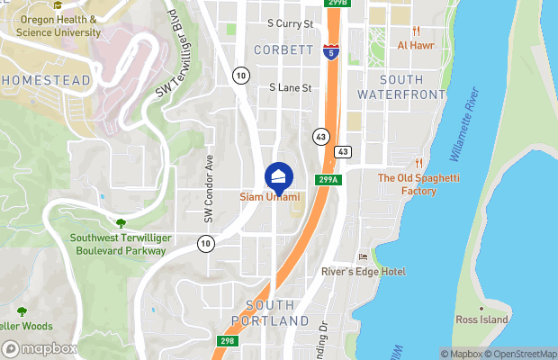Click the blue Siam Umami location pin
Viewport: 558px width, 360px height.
pyautogui.click(x=279, y=177)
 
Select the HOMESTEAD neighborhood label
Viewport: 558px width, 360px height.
pyautogui.click(x=45, y=80)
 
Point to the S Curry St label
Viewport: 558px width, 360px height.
pyautogui.click(x=290, y=23)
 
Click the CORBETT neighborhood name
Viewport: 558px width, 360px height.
pyautogui.click(x=283, y=49)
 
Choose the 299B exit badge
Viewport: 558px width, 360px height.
pyautogui.click(x=337, y=4)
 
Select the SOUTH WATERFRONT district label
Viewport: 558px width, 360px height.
pyautogui.click(x=400, y=87)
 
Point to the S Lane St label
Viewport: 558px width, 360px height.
pyautogui.click(x=290, y=88)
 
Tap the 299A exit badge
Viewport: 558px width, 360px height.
pyautogui.click(x=328, y=180)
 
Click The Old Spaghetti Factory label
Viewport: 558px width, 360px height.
pyautogui.click(x=418, y=184)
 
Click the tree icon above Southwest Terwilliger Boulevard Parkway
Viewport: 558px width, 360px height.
pyautogui.click(x=121, y=222)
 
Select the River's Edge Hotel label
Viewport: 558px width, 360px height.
pyautogui.click(x=364, y=271)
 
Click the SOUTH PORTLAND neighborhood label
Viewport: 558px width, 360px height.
pyautogui.click(x=270, y=312)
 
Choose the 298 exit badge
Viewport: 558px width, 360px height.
pyautogui.click(x=229, y=341)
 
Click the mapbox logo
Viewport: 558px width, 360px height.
pyautogui.click(x=40, y=348)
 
